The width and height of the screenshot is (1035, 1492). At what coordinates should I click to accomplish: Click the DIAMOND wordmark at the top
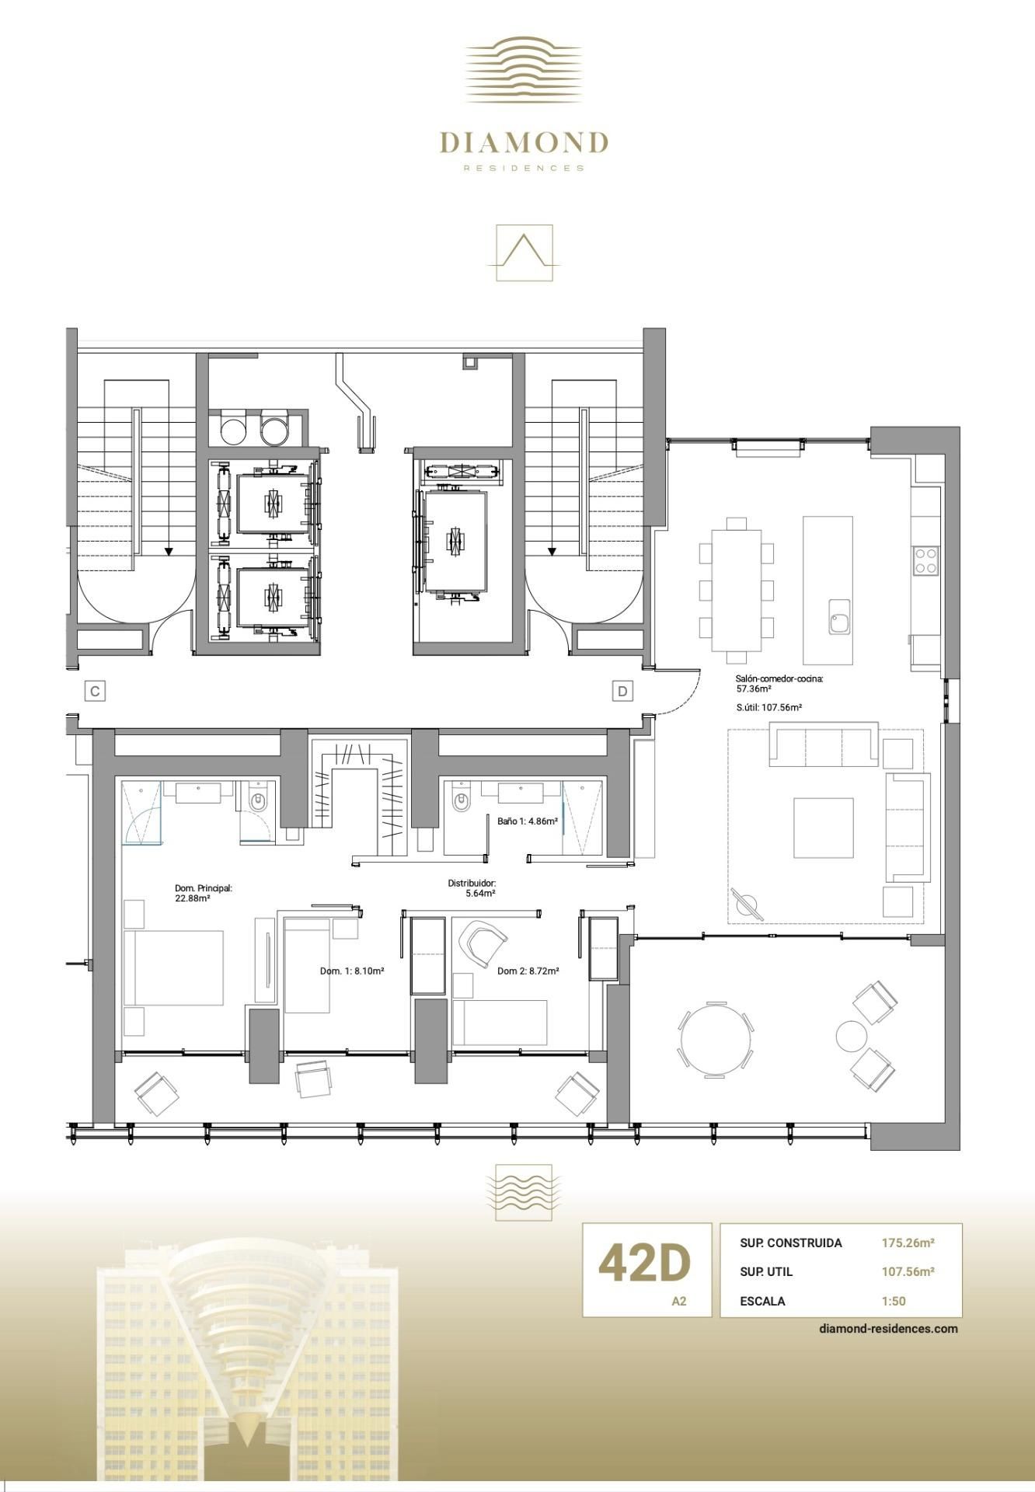tap(523, 143)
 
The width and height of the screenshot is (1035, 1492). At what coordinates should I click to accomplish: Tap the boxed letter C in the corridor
tap(95, 691)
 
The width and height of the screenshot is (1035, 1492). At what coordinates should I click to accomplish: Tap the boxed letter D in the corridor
tap(622, 690)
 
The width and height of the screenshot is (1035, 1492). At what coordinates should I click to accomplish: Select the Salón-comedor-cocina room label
tap(778, 679)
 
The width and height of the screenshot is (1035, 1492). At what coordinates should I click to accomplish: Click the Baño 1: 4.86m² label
tap(528, 821)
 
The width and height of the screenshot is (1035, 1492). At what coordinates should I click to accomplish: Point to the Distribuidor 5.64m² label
tap(472, 888)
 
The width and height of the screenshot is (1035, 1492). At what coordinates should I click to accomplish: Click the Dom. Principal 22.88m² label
tap(203, 893)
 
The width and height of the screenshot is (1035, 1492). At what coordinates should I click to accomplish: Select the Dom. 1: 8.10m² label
tap(352, 971)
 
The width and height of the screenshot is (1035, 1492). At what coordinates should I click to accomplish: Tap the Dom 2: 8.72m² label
tap(528, 971)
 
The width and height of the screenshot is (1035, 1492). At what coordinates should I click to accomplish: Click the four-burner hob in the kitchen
tap(925, 560)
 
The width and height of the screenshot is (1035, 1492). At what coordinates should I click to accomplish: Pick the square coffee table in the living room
tap(823, 828)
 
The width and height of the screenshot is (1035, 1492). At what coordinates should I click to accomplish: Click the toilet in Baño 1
tap(462, 800)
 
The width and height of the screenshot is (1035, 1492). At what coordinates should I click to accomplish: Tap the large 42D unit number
tap(644, 1263)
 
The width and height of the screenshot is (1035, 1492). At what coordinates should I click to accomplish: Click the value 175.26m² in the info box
tap(907, 1243)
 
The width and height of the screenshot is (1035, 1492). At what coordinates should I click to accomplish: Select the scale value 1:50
tap(893, 1301)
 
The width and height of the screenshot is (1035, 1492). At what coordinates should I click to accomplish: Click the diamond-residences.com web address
tap(888, 1328)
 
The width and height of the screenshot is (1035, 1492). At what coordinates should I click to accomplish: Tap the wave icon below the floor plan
tap(524, 1190)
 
